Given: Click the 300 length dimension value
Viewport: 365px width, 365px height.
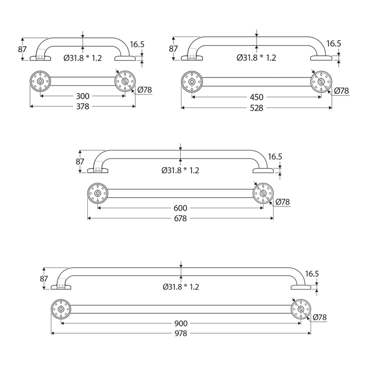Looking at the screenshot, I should [x=83, y=96].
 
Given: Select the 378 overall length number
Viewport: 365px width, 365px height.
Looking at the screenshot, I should [x=83, y=107].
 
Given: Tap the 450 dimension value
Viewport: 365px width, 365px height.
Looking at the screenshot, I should [x=257, y=97].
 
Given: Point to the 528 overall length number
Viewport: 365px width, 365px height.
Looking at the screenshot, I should [x=257, y=108].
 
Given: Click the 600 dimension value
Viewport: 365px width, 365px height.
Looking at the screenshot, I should [x=180, y=208].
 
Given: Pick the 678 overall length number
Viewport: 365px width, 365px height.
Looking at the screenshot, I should [x=180, y=219].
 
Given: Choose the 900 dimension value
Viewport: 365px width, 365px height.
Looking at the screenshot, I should [x=180, y=322].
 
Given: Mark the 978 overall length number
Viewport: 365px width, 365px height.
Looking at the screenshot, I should [x=180, y=334].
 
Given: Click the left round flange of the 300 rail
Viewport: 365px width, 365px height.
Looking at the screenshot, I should [x=40, y=81].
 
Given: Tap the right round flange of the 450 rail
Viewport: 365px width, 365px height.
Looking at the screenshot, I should [x=321, y=82].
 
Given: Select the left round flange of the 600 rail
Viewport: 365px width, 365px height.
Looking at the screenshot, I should [x=97, y=193].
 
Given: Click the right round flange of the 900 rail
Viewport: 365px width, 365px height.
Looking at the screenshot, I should [x=301, y=309].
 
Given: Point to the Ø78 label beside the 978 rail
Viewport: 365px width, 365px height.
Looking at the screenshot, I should [x=320, y=318].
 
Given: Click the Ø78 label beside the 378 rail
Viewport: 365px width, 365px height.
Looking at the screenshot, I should [x=144, y=90].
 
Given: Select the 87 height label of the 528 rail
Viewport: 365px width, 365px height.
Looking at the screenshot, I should [x=173, y=49].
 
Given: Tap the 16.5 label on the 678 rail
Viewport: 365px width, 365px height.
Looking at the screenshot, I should [x=275, y=157].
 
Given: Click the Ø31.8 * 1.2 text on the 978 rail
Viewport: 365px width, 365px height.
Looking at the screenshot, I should [x=180, y=287].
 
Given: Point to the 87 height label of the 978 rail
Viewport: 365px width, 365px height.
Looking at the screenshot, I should [x=44, y=279].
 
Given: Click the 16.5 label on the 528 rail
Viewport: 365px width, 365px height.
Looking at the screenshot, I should [x=334, y=44].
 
